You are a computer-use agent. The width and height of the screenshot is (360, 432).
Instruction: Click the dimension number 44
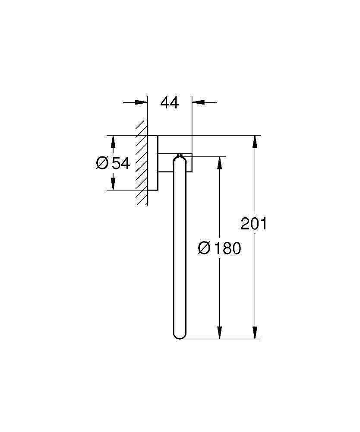click(169, 103)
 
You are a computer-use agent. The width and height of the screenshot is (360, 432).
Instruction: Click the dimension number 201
click(254, 224)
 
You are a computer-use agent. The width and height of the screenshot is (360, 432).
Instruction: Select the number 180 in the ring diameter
click(227, 248)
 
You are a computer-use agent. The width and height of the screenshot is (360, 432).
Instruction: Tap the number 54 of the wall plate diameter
click(121, 163)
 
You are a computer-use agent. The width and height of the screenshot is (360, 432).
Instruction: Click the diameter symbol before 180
click(204, 248)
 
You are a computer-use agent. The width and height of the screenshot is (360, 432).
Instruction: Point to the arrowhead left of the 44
click(142, 102)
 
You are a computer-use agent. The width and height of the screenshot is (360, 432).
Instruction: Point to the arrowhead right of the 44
click(198, 102)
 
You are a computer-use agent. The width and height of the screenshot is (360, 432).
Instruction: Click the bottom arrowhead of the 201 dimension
click(256, 332)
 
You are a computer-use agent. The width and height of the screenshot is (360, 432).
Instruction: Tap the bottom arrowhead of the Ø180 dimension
click(220, 332)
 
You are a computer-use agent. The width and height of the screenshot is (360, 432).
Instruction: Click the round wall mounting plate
click(153, 163)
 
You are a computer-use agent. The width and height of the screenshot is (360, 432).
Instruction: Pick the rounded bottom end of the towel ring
click(179, 335)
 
